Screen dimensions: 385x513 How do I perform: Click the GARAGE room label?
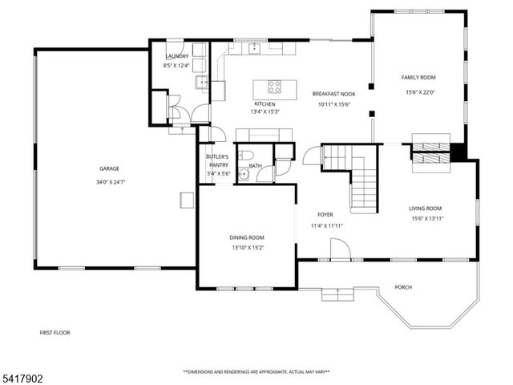(x=109, y=168)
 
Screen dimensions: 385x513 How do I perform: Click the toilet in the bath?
(x=248, y=156)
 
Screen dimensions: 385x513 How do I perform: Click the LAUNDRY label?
(x=176, y=55)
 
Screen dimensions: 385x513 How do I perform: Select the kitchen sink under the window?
(x=255, y=49)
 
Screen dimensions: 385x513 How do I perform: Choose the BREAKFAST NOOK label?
(x=333, y=94)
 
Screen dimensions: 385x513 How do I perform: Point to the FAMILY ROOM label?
(x=418, y=77)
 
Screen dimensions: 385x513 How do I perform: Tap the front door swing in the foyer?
(x=339, y=251)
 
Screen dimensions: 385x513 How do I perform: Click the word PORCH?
(x=403, y=287)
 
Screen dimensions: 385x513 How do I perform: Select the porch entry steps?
(x=337, y=294)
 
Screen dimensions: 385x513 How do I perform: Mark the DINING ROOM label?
(x=247, y=237)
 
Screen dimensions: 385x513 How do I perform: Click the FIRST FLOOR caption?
(x=56, y=331)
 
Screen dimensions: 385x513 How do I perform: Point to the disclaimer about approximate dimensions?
(x=256, y=372)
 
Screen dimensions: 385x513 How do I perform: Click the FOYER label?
(x=325, y=215)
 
